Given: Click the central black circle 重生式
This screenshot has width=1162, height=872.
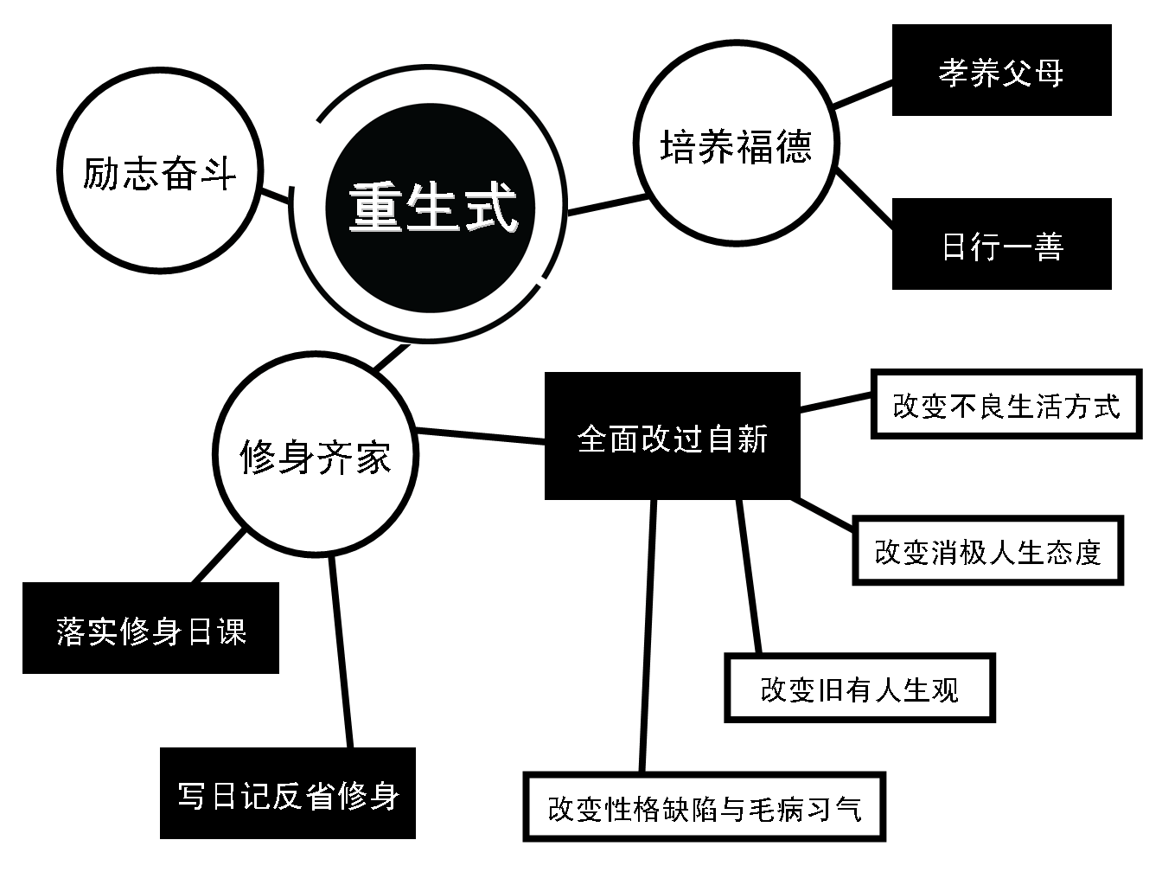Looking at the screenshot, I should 431,208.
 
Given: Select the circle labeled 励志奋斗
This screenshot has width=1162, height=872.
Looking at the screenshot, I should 160,173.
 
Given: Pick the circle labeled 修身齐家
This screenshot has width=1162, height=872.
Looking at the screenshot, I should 316,456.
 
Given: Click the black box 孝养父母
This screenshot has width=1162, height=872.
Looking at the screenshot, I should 1001,71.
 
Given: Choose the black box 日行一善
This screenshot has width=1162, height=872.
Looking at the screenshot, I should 1001,245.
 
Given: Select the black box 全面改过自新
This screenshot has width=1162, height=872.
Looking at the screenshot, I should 672,437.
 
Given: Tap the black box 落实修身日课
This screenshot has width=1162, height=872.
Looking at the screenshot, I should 150,628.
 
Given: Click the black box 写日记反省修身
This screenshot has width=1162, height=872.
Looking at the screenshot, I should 288,794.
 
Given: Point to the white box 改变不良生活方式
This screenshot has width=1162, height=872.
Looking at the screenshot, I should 1006,405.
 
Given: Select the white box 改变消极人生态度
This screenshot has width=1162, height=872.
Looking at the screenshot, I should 987,551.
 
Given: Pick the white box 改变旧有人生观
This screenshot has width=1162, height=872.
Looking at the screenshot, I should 859,689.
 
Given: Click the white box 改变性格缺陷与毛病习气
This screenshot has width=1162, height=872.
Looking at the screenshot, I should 704,808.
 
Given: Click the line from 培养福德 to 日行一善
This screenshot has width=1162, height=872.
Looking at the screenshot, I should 865,200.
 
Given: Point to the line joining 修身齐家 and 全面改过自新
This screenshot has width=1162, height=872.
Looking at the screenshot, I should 481,436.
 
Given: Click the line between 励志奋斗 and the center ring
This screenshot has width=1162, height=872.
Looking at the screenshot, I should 276,195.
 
